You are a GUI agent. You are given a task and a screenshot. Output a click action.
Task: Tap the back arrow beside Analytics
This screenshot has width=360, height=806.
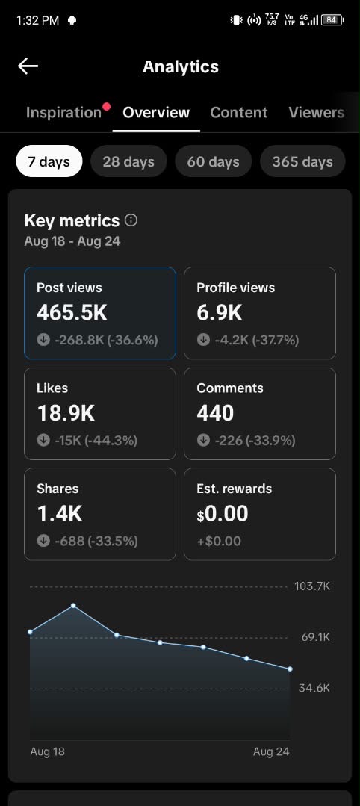pos(28,66)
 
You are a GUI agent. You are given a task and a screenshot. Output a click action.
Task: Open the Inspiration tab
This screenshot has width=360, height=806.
pos(63,113)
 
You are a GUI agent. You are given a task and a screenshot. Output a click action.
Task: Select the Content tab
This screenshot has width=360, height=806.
pos(238,113)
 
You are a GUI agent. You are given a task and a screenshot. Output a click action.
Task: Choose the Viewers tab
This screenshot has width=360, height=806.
pos(316,113)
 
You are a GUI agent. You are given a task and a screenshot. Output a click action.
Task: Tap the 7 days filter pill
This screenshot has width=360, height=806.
pos(49,161)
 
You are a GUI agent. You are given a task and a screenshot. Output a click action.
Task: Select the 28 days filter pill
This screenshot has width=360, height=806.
pos(128,161)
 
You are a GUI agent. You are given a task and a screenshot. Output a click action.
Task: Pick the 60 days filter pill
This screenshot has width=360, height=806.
pos(213,161)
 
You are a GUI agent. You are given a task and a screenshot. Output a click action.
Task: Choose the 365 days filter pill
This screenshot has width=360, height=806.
pos(302,161)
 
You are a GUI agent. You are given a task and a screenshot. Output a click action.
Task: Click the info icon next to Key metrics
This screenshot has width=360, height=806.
pos(131,220)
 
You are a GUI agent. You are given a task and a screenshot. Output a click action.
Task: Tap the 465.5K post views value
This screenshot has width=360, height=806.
pos(72,312)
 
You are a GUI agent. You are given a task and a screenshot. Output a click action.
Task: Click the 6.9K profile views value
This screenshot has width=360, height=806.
pos(219,312)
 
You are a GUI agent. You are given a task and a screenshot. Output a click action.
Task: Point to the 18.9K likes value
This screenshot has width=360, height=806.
pos(66,413)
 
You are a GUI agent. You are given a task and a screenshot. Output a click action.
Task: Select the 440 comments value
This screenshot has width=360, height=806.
pos(215,413)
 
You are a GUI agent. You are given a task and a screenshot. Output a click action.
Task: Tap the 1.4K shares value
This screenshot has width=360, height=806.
pos(59,514)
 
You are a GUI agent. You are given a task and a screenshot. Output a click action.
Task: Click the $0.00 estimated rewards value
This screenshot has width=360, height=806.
pos(222,514)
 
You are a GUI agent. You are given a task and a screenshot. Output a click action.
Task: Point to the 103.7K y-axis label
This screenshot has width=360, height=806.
pos(312,586)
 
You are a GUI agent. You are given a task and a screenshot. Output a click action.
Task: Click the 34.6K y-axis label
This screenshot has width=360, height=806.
pos(314,688)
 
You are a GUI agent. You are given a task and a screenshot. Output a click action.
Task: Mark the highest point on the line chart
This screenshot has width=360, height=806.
pos(73,606)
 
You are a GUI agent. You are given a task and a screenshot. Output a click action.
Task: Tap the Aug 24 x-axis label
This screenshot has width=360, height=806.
pos(271,751)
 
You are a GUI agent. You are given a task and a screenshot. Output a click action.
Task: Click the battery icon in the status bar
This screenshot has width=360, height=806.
pos(332,20)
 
